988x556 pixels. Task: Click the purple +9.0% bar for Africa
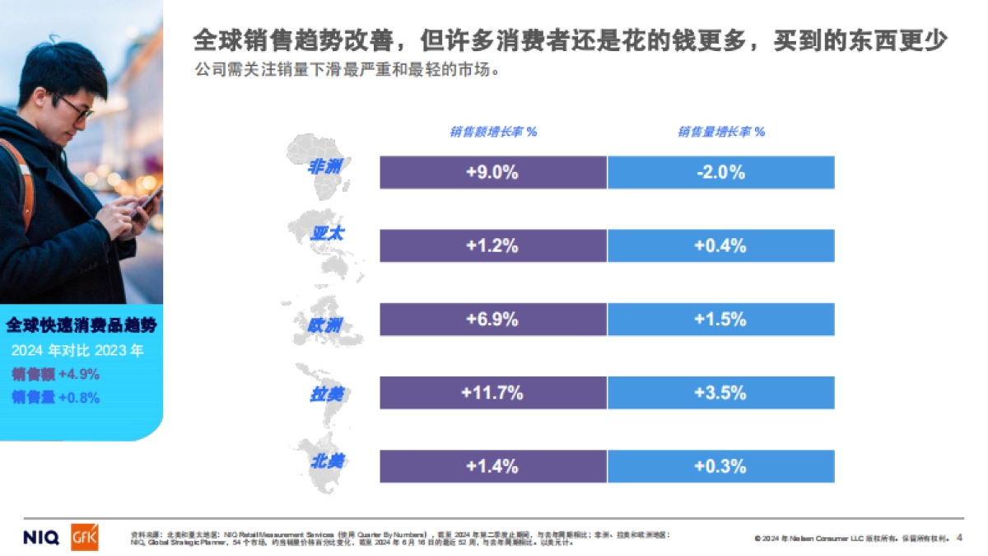click(492, 172)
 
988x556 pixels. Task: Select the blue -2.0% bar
click(720, 172)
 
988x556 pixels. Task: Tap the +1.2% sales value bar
click(492, 245)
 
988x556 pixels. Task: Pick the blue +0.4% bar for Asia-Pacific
click(720, 245)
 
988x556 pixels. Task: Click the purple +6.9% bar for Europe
click(492, 319)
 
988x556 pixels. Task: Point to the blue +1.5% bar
click(720, 319)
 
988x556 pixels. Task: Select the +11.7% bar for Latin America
click(492, 392)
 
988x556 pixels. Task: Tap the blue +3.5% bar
click(720, 392)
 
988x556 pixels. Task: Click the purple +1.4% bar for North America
click(492, 465)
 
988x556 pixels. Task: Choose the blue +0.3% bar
click(720, 465)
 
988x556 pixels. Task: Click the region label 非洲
click(324, 166)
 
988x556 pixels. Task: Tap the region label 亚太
click(327, 234)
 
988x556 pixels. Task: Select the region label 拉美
click(325, 394)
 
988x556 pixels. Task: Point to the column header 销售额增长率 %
click(493, 132)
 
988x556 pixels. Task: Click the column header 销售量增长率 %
click(721, 132)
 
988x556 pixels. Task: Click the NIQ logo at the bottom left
click(40, 538)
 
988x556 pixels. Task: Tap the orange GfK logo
click(85, 537)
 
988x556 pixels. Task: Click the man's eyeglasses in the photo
click(75, 108)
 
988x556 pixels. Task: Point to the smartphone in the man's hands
click(150, 197)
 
